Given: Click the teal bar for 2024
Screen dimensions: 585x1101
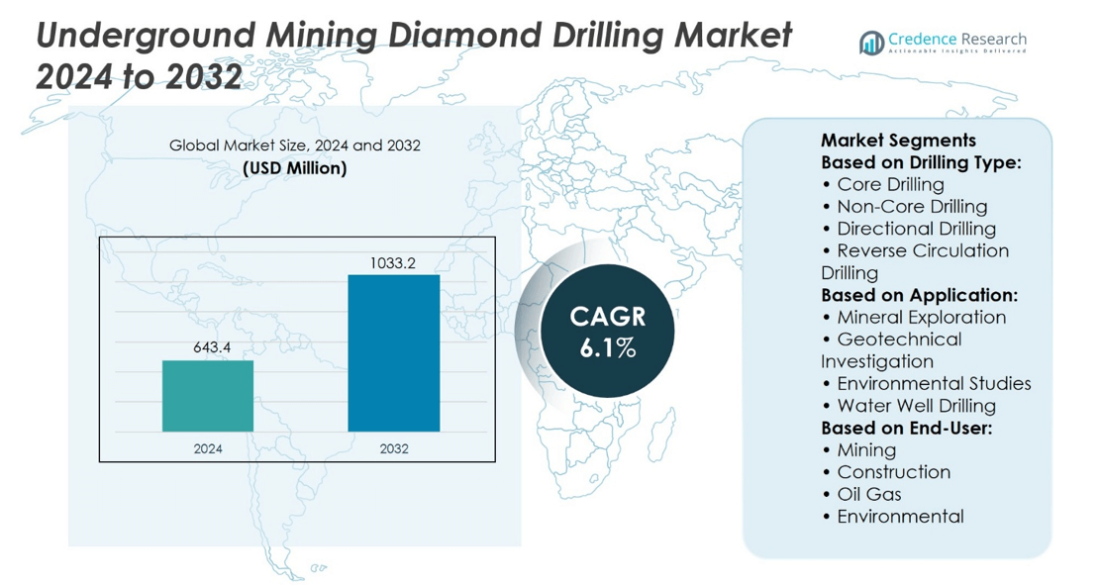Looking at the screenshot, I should pos(208,396).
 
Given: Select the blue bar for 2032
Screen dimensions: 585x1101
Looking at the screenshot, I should pos(393,353).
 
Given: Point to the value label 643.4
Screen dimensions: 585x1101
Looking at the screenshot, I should pos(208,348).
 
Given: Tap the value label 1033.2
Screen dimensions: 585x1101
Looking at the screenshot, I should pos(393,263).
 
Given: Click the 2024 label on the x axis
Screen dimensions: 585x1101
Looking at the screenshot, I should pos(208,448).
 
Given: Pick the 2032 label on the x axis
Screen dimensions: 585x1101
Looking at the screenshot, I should pos(393,448).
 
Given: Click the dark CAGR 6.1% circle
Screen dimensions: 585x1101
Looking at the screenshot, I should pos(608,332).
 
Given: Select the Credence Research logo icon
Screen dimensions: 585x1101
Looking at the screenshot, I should pos(871,43).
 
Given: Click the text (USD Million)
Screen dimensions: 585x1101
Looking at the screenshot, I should pos(294,168).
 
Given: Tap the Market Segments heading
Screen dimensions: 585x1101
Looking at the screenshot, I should pos(898,141).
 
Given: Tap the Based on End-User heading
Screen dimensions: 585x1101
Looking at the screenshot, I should pos(906,428).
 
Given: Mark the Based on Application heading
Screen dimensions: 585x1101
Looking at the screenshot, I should pos(919,295).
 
